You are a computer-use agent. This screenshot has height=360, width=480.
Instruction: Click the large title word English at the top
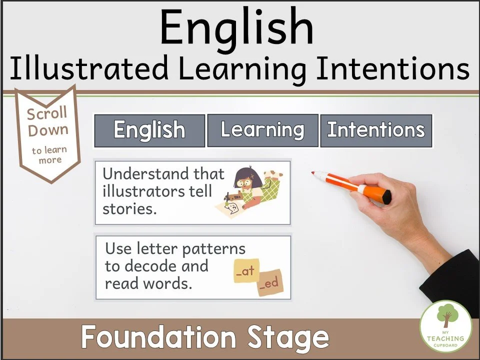pyautogui.click(x=237, y=28)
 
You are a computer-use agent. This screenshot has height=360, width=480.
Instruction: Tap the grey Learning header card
pyautogui.click(x=262, y=130)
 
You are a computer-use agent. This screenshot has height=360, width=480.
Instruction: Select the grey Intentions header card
pyautogui.click(x=375, y=131)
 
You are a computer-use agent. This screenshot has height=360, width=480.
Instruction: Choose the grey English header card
pyautogui.click(x=149, y=131)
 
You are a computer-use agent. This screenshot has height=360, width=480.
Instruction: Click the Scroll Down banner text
pyautogui.click(x=47, y=122)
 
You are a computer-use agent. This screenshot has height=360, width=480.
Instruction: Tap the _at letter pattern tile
pyautogui.click(x=245, y=271)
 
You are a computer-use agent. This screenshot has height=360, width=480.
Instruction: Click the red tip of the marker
pyautogui.click(x=314, y=173)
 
